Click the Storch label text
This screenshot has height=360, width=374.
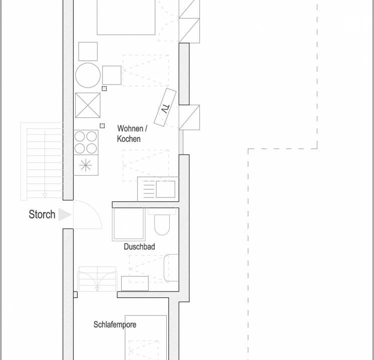pos(42,214)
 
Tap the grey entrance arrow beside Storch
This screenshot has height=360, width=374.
pos(65,214)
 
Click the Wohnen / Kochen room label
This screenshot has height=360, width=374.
pos(132,133)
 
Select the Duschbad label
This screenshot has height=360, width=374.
pos(139,246)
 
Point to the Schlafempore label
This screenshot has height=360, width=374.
pos(115,324)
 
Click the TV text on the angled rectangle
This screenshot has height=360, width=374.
pos(165,109)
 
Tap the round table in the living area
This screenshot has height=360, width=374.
pos(88,75)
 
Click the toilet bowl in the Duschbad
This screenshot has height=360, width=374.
pos(162,224)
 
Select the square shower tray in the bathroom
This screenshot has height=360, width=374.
pos(129,223)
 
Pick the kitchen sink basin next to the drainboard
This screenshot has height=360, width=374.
pos(166,189)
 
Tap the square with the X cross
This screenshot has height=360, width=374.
pos(88,105)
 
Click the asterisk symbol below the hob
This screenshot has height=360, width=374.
pos(86,165)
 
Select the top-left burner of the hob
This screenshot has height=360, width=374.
pos(80,136)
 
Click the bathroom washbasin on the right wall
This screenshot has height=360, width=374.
pos(171,268)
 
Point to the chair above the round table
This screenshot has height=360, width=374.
pos(88,51)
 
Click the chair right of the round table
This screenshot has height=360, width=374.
pos(112,75)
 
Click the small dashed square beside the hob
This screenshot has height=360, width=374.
pos(102,126)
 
